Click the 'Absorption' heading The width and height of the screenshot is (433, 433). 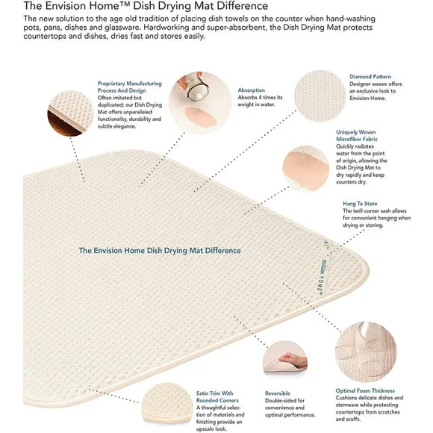[252, 90]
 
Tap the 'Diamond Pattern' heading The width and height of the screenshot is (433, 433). [370, 76]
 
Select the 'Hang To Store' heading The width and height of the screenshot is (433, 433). [360, 204]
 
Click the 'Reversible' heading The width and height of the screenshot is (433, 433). [277, 393]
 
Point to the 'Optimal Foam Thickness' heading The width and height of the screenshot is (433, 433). [365, 390]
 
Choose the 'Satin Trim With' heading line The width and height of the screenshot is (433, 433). [214, 393]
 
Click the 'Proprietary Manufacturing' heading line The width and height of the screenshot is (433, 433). [129, 84]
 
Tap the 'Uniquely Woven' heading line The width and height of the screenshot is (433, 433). [355, 132]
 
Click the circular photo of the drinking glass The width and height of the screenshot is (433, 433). [200, 102]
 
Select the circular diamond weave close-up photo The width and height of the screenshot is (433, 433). [320, 96]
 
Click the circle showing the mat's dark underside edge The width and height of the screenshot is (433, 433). [70, 113]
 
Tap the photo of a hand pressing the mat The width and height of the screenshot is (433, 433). [285, 358]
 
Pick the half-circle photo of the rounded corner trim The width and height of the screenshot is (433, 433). [167, 403]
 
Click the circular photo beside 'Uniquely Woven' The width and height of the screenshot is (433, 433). [305, 168]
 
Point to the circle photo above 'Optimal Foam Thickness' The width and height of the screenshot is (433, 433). [366, 352]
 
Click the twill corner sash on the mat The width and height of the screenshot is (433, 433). [325, 270]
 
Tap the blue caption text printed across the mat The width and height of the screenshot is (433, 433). [160, 250]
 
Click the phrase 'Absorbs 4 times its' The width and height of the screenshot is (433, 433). [260, 98]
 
